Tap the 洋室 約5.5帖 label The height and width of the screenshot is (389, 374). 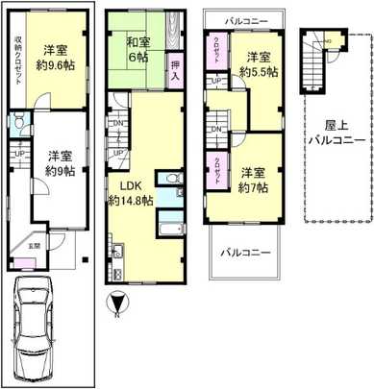[258, 64]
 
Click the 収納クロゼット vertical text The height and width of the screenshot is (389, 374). [18, 63]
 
